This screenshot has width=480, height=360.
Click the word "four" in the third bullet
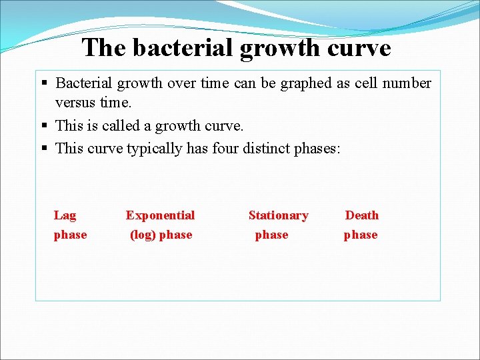226,147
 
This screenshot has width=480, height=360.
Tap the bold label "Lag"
65,215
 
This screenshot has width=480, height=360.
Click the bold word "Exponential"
160,215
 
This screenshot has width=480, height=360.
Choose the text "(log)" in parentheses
143,235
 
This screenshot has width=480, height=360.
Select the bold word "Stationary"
278,215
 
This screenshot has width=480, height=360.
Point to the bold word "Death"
361,215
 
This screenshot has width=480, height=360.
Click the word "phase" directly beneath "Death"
361,235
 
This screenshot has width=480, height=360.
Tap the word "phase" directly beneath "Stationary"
272,235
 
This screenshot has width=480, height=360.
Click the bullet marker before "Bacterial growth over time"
45,84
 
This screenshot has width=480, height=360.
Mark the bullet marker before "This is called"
45,126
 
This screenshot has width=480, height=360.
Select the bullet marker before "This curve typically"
45,148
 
